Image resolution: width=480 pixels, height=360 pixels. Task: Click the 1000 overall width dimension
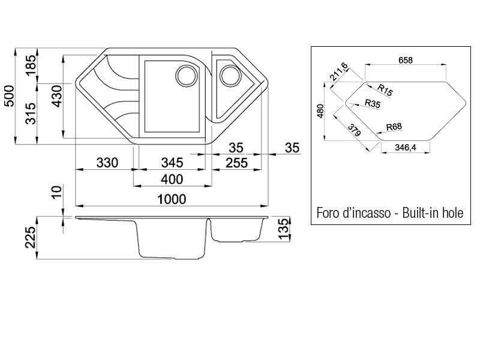tap(172, 199)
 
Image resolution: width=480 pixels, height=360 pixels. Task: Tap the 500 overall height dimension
tap(10, 96)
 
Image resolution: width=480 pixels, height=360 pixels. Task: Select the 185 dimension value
tap(31, 65)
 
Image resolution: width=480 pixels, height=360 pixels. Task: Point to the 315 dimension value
tap(31, 113)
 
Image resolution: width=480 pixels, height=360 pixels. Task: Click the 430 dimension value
tap(57, 96)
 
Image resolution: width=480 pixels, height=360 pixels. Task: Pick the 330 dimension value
tap(107, 163)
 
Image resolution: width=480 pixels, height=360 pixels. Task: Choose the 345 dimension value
tap(172, 163)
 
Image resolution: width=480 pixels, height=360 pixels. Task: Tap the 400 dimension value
tap(172, 179)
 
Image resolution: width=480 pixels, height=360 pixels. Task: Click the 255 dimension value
tap(236, 163)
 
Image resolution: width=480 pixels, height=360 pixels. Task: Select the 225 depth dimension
tap(31, 237)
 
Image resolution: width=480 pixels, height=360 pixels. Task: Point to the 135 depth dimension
tap(284, 229)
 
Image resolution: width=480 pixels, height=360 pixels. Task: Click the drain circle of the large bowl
tap(187, 76)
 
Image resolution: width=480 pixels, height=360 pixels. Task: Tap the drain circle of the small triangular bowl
tap(230, 76)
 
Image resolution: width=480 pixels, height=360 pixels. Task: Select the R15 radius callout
tap(385, 90)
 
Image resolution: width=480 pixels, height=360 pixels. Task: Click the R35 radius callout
tap(373, 103)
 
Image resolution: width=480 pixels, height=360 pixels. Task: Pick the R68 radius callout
tap(394, 127)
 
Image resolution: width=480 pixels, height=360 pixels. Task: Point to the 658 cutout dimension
tap(406, 61)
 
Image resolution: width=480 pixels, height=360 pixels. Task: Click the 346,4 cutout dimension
tap(406, 148)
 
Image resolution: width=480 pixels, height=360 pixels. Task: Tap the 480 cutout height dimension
tap(320, 111)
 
